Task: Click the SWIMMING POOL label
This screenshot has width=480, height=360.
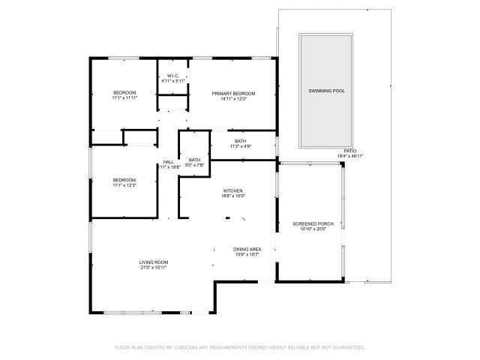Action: coord(327,91)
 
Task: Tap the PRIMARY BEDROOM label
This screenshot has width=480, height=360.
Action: coord(233,93)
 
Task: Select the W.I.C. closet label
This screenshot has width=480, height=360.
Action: coord(172,75)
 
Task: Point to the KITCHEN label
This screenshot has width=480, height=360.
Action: coord(232,190)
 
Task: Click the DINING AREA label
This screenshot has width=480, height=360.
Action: coord(247,249)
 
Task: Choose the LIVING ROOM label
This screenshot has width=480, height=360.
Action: coord(153,262)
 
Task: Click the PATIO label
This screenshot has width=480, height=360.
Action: coord(350,151)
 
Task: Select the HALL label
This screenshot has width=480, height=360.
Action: coord(169,163)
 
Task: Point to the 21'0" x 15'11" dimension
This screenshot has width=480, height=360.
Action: coord(153,267)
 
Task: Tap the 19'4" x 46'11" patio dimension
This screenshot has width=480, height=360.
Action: coord(350,156)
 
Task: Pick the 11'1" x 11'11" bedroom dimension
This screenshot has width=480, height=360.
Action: coord(124,98)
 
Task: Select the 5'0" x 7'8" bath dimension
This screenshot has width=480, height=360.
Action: coord(194,165)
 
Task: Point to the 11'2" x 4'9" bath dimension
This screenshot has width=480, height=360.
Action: coord(240,146)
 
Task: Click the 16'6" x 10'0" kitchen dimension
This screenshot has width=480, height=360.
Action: coord(232,196)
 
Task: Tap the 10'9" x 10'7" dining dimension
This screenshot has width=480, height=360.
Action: coord(247,254)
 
